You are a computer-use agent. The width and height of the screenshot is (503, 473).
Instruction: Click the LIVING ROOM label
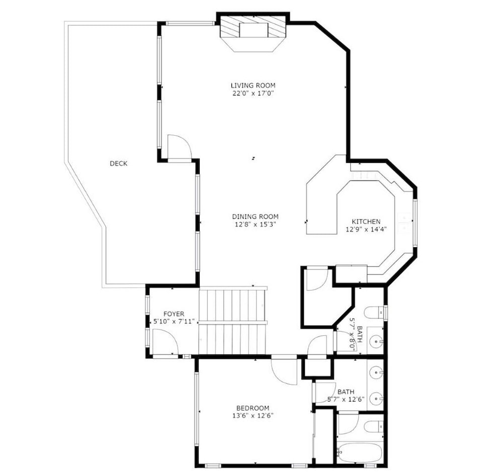coord(253,85)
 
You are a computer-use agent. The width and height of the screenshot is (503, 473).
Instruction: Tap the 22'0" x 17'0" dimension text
coord(253,93)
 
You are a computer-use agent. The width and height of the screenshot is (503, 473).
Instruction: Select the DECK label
coord(118,163)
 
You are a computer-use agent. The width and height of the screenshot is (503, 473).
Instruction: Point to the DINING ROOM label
coord(256,217)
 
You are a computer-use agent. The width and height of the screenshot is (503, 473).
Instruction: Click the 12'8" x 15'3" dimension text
coord(256,225)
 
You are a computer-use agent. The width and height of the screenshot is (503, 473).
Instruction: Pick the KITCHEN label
coord(366,221)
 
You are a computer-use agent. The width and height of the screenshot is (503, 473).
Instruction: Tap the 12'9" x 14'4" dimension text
coord(366,229)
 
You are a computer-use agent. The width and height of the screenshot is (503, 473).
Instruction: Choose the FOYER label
coord(174,314)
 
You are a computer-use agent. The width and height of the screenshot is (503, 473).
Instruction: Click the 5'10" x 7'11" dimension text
coord(174,322)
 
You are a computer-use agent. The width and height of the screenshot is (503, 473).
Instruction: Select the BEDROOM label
coord(253,408)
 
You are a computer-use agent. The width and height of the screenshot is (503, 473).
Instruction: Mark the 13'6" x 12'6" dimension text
coord(253,416)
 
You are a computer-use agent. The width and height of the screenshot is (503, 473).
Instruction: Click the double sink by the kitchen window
coord(405,222)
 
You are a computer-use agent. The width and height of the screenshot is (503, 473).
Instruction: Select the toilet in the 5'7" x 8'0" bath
coord(374,312)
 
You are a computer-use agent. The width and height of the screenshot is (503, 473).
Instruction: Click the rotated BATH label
coord(359,334)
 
